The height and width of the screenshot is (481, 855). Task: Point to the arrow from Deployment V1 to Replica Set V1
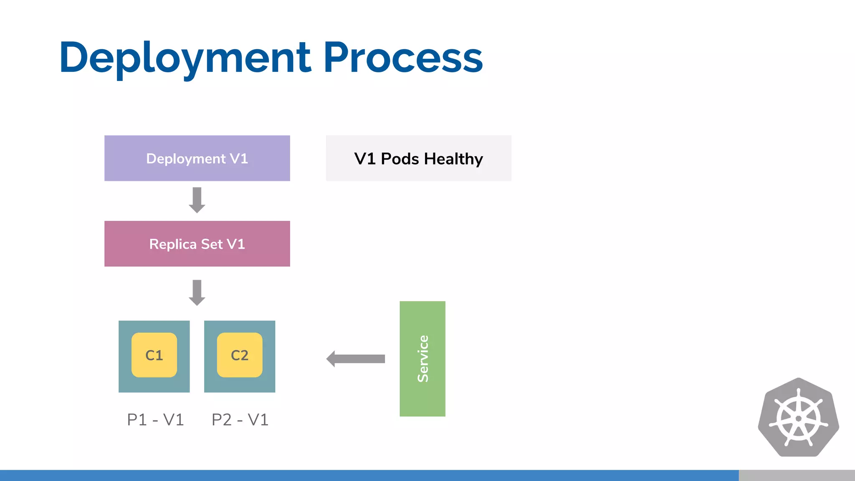pyautogui.click(x=197, y=200)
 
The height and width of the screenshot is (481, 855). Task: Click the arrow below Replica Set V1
pyautogui.click(x=197, y=293)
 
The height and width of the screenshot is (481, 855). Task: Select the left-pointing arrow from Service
pyautogui.click(x=356, y=359)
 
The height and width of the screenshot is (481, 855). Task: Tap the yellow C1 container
pyautogui.click(x=154, y=355)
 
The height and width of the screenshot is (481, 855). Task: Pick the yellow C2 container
pyautogui.click(x=240, y=355)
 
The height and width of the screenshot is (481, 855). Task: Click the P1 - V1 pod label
pyautogui.click(x=155, y=420)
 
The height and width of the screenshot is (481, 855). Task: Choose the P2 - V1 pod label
pyautogui.click(x=240, y=420)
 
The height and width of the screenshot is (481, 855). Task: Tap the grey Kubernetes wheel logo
pyautogui.click(x=798, y=418)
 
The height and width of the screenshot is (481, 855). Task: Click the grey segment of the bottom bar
pyautogui.click(x=797, y=475)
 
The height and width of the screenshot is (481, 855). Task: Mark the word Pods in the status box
pyautogui.click(x=400, y=159)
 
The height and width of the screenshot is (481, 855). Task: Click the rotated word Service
pyautogui.click(x=423, y=359)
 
